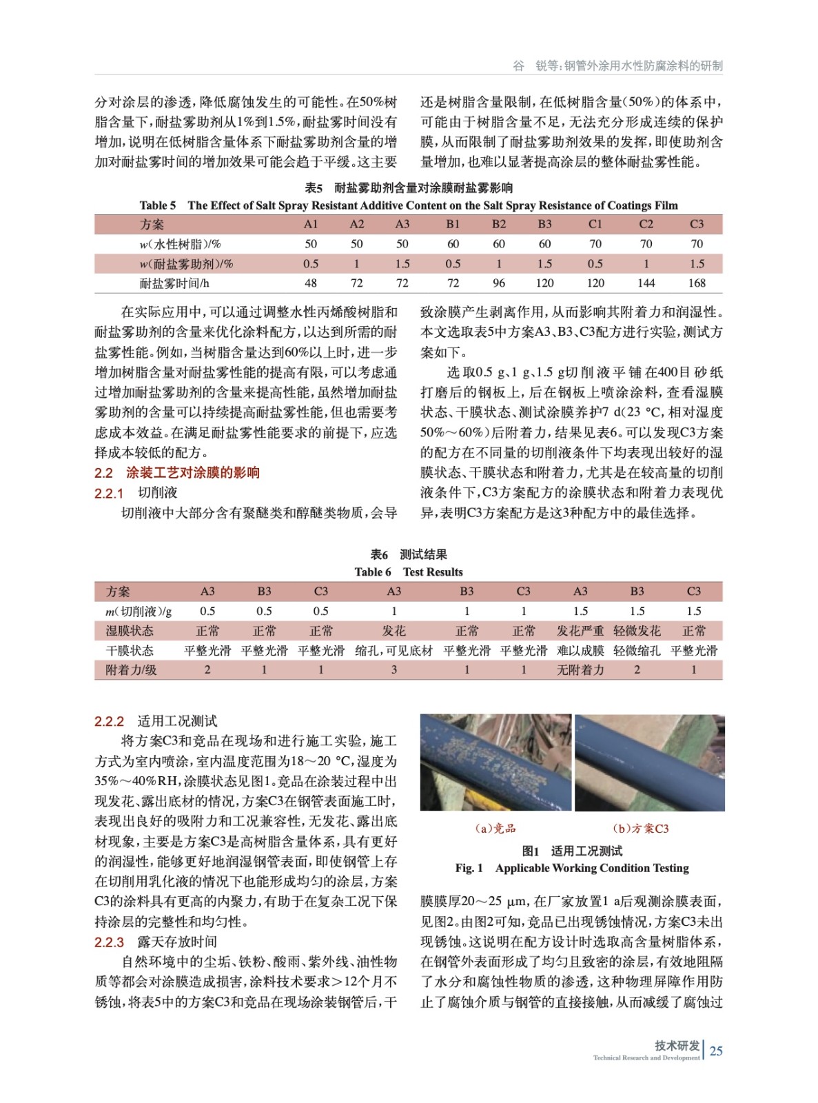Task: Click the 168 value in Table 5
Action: tap(697, 283)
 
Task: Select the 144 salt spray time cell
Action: tap(646, 283)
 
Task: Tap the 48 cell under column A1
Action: tap(311, 283)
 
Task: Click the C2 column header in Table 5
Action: tap(646, 224)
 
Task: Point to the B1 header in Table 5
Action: tap(453, 224)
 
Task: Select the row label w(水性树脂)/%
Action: tap(180, 244)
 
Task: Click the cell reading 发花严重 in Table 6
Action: tap(580, 631)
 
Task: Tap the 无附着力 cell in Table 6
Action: tap(580, 669)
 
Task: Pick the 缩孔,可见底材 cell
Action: tap(393, 650)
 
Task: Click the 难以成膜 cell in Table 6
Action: tap(580, 650)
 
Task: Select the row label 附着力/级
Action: tap(131, 669)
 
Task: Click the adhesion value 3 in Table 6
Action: tap(393, 669)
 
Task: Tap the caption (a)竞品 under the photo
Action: tap(495, 828)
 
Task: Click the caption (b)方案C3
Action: tap(640, 828)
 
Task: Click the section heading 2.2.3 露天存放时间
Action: tap(156, 942)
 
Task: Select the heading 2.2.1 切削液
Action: tap(136, 493)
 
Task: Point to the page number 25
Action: tap(716, 1051)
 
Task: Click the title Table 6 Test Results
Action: tap(409, 571)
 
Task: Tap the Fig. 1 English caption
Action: tap(572, 868)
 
